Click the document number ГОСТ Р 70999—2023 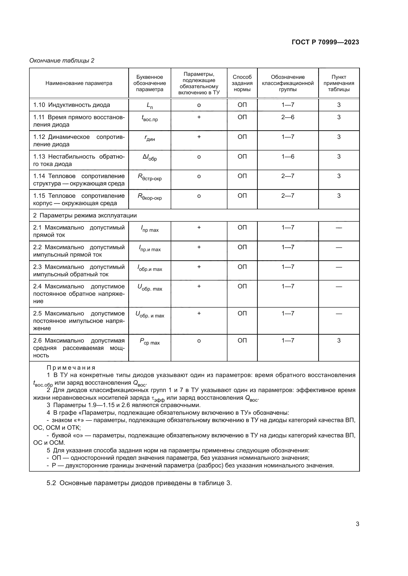point(325,42)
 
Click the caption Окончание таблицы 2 point(62,61)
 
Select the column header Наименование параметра point(79,83)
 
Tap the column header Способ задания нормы point(242,83)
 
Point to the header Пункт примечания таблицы point(339,83)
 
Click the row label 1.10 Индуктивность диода point(72,105)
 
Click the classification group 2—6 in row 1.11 point(288,117)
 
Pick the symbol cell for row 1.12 point(150,138)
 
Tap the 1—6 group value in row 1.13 point(288,157)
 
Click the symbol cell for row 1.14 point(150,177)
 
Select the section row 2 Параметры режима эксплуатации point(85,215)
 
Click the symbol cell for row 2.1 point(150,229)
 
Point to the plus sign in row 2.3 point(199,267)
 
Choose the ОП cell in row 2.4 point(242,286)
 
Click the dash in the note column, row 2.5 point(339,313)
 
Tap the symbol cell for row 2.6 point(150,341)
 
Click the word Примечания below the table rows point(71,368)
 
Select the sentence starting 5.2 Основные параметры point(139,483)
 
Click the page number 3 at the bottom point(357,524)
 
